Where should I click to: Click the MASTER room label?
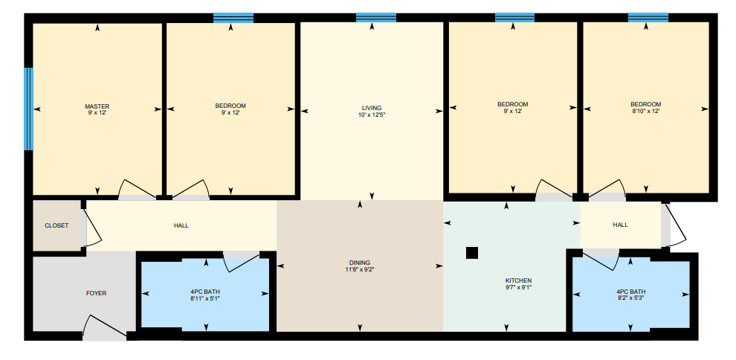[97, 106]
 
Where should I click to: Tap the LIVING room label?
[372, 108]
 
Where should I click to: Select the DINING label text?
[360, 263]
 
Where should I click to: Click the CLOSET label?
[57, 226]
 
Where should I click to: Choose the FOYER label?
[96, 293]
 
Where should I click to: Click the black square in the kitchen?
[472, 253]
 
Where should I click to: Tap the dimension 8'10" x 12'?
[646, 112]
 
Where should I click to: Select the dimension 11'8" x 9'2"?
[360, 269]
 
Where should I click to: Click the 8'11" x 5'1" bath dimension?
[205, 298]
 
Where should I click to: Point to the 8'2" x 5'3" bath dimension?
[630, 298]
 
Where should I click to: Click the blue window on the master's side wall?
[29, 109]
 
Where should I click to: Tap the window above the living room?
[376, 18]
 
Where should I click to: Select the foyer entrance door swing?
[105, 326]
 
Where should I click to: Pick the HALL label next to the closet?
[181, 226]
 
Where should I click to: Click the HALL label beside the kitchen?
[620, 225]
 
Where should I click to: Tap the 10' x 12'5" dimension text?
[372, 115]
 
